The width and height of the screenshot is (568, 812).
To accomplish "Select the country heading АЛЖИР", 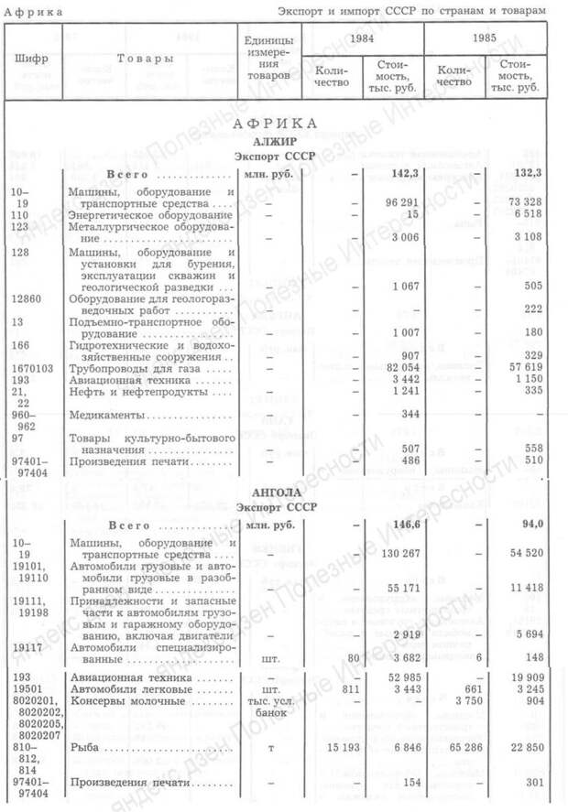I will tap(275, 141).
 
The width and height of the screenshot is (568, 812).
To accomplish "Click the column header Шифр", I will tap(32, 59).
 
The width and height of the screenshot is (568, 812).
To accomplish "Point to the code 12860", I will tap(26, 298).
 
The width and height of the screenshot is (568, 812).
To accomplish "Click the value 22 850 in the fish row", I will tap(523, 749).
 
